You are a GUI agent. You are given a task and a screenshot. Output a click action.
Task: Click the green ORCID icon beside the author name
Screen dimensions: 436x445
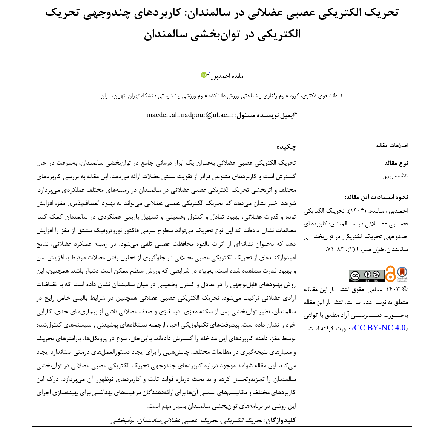pyautogui.click(x=204, y=75)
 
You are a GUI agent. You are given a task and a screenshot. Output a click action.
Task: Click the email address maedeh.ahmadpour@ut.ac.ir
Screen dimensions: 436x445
pyautogui.click(x=190, y=115)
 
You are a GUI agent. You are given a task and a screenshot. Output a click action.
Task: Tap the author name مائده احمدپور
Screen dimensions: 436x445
pyautogui.click(x=229, y=76)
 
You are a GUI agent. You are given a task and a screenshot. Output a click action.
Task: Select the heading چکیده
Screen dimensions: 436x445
pyautogui.click(x=286, y=146)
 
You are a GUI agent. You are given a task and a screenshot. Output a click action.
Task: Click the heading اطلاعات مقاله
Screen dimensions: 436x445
pyautogui.click(x=392, y=145)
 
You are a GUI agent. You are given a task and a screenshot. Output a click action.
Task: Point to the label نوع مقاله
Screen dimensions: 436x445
pyautogui.click(x=396, y=163)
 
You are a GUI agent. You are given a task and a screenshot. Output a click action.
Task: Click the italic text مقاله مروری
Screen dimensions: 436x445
pyautogui.click(x=395, y=176)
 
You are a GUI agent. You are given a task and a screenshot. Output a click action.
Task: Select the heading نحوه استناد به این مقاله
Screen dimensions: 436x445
pyautogui.click(x=376, y=197)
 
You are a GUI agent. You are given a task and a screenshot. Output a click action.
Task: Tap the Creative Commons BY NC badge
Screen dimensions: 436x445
pyautogui.click(x=367, y=276)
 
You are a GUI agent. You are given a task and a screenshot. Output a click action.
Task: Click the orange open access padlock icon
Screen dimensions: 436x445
pyautogui.click(x=390, y=274)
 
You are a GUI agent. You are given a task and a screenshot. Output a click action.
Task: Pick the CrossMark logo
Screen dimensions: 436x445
pyautogui.click(x=402, y=274)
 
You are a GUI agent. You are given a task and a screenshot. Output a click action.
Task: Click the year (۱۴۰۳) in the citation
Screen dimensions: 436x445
pyautogui.click(x=356, y=211)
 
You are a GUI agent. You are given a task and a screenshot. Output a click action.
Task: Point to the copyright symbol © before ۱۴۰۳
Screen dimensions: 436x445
pyautogui.click(x=405, y=289)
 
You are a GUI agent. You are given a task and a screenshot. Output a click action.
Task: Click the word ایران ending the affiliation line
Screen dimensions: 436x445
pyautogui.click(x=106, y=96)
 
